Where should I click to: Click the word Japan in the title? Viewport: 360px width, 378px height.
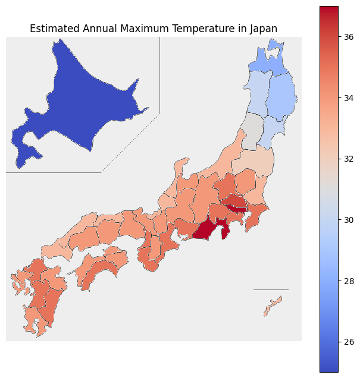[263, 29]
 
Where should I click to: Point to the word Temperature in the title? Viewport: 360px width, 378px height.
[199, 29]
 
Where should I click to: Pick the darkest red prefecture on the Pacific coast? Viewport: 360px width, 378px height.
[208, 229]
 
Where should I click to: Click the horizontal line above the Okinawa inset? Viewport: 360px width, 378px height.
[271, 289]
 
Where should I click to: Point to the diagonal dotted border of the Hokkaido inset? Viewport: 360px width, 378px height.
[131, 143]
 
